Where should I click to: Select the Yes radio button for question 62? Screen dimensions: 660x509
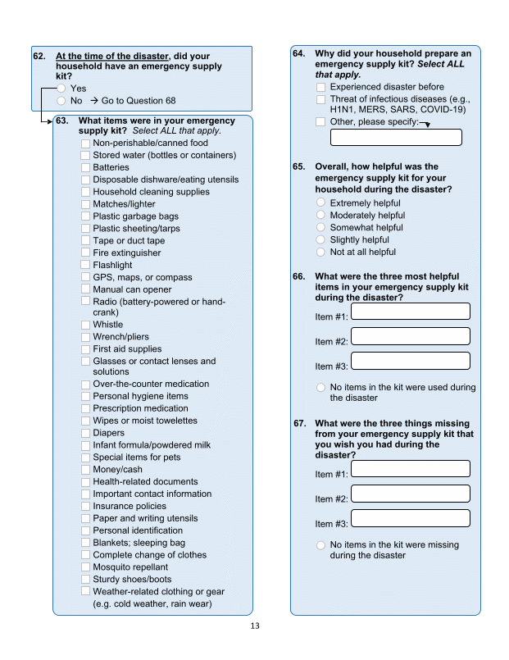click(x=61, y=89)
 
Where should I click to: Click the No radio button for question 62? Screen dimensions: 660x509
click(x=61, y=101)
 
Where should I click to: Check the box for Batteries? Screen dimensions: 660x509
click(x=86, y=167)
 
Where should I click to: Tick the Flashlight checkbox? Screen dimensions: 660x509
click(x=86, y=266)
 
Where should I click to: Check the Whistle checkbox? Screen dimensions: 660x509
click(x=86, y=325)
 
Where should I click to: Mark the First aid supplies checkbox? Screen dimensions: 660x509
click(x=86, y=349)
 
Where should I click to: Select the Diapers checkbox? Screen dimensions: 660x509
click(x=86, y=433)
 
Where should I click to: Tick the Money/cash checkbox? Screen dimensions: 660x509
click(x=86, y=470)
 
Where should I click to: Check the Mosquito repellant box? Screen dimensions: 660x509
click(x=86, y=567)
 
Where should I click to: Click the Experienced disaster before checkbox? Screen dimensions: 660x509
click(x=321, y=87)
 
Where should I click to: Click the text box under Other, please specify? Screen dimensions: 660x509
click(x=396, y=137)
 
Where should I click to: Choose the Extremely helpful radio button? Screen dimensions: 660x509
click(x=321, y=203)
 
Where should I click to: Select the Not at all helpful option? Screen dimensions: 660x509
click(x=321, y=253)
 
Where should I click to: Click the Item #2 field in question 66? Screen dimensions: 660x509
click(x=410, y=336)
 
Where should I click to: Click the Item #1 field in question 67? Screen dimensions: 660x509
click(x=410, y=468)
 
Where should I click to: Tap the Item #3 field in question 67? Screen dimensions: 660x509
click(x=410, y=518)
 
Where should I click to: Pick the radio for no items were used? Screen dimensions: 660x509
click(x=321, y=388)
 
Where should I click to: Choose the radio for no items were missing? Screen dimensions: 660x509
click(x=321, y=545)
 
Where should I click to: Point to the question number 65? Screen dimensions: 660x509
click(x=299, y=166)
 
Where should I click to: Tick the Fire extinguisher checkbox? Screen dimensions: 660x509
click(x=86, y=253)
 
